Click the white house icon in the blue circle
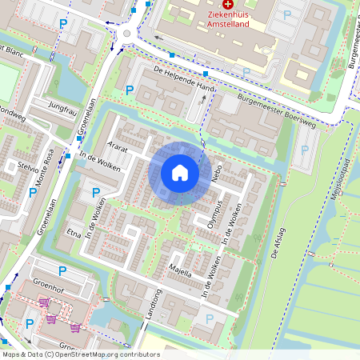pos(180,173)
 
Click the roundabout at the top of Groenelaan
pos(127,34)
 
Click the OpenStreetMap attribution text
pos(81,354)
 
